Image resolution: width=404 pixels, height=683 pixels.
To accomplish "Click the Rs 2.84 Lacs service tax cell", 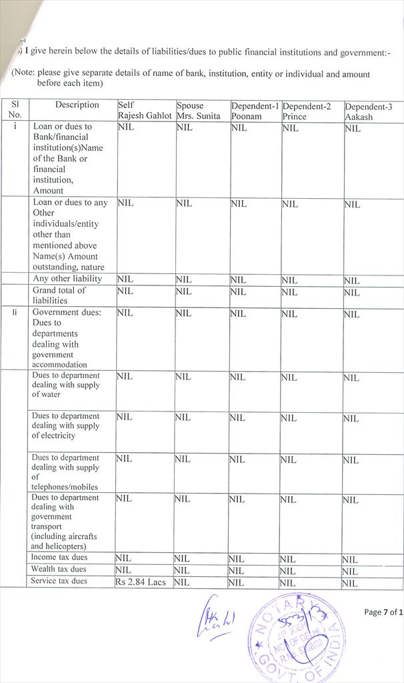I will tap(140, 582).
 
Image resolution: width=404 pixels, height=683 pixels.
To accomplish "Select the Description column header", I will tap(77, 105).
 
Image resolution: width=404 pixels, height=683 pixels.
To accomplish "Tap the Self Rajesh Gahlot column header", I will tap(145, 111).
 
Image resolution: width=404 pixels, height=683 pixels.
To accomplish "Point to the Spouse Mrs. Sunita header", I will tap(198, 111).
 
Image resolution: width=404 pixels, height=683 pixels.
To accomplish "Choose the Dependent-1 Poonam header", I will tap(255, 111).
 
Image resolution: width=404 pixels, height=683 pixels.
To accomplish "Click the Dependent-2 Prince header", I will tap(307, 111).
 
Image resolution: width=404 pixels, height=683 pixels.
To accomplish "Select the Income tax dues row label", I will tap(59, 558).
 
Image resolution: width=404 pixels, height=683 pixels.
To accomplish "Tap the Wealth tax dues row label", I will tap(59, 570).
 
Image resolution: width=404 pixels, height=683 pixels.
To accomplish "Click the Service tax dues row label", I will tap(59, 582).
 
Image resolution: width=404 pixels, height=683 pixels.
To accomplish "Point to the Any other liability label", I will tap(67, 279).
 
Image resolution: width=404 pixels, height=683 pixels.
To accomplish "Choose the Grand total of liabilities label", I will tap(59, 295).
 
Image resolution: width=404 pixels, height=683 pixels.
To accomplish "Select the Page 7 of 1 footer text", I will tap(383, 612).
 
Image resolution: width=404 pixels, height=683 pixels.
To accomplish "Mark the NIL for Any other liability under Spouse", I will tap(184, 280).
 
